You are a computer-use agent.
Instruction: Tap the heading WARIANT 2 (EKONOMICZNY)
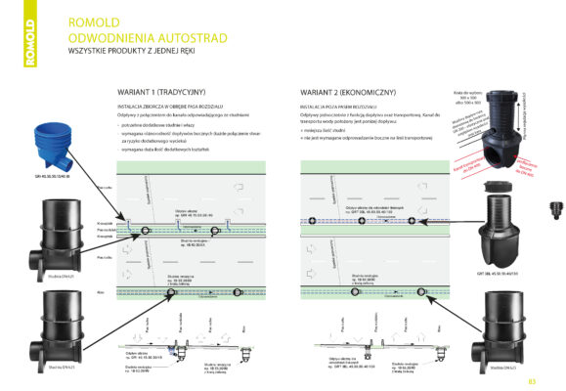pyautogui.click(x=342, y=91)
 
